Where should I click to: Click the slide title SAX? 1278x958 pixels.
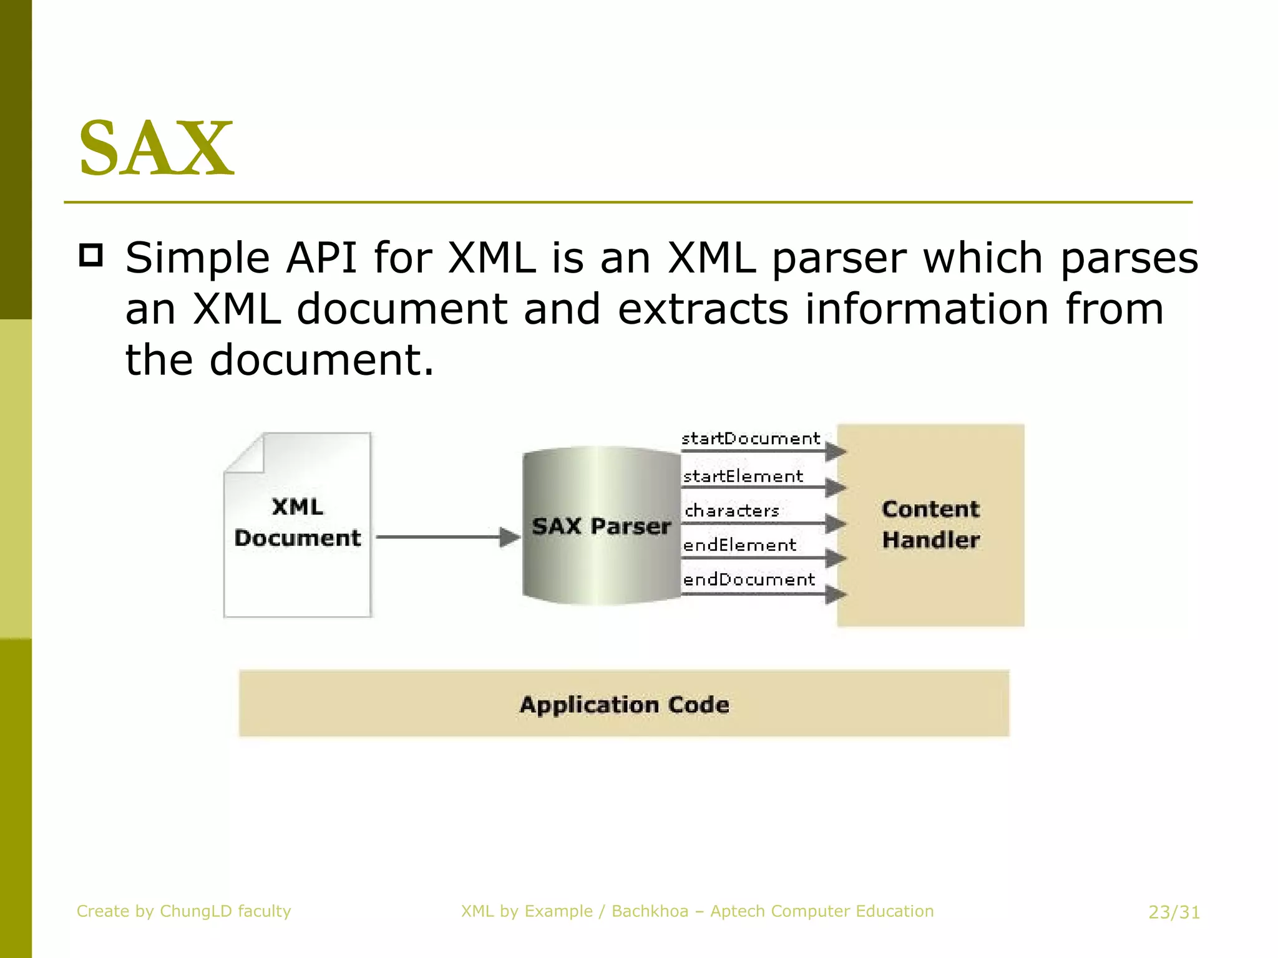pyautogui.click(x=156, y=148)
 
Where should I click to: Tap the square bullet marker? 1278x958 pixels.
pyautogui.click(x=91, y=256)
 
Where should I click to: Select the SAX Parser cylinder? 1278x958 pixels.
pyautogui.click(x=601, y=525)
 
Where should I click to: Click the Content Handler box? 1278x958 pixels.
pyautogui.click(x=930, y=525)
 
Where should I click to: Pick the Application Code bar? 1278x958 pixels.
pyautogui.click(x=624, y=704)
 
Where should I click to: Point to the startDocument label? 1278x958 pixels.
pyautogui.click(x=751, y=438)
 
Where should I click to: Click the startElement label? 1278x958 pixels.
pyautogui.click(x=743, y=477)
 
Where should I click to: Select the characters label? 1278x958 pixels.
pyautogui.click(x=732, y=511)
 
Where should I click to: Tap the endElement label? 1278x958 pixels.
pyautogui.click(x=739, y=545)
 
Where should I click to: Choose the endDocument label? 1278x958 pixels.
pyautogui.click(x=749, y=579)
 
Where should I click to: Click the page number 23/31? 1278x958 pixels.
pyautogui.click(x=1174, y=912)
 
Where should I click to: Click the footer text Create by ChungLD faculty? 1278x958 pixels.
pyautogui.click(x=183, y=911)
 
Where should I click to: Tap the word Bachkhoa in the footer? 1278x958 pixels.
pyautogui.click(x=650, y=911)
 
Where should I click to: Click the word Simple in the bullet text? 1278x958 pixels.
pyautogui.click(x=197, y=258)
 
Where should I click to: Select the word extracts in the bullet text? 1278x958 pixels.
pyautogui.click(x=703, y=309)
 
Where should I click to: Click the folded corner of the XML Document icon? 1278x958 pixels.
pyautogui.click(x=246, y=454)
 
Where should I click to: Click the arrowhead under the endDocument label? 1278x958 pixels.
pyautogui.click(x=835, y=594)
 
